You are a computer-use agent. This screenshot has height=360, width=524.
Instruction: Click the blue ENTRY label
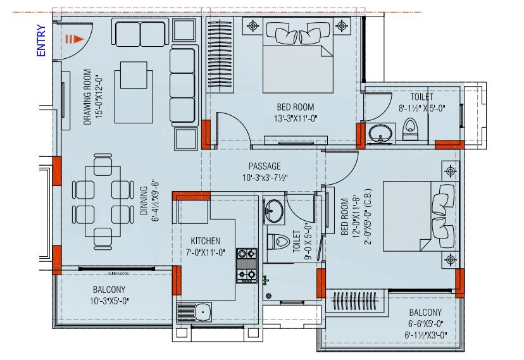(41, 41)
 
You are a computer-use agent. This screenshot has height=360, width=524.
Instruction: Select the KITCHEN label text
(206, 241)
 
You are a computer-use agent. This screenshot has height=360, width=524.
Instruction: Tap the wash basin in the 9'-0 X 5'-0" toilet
(274, 211)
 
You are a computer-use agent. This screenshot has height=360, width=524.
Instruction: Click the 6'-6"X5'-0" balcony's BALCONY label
(425, 313)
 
